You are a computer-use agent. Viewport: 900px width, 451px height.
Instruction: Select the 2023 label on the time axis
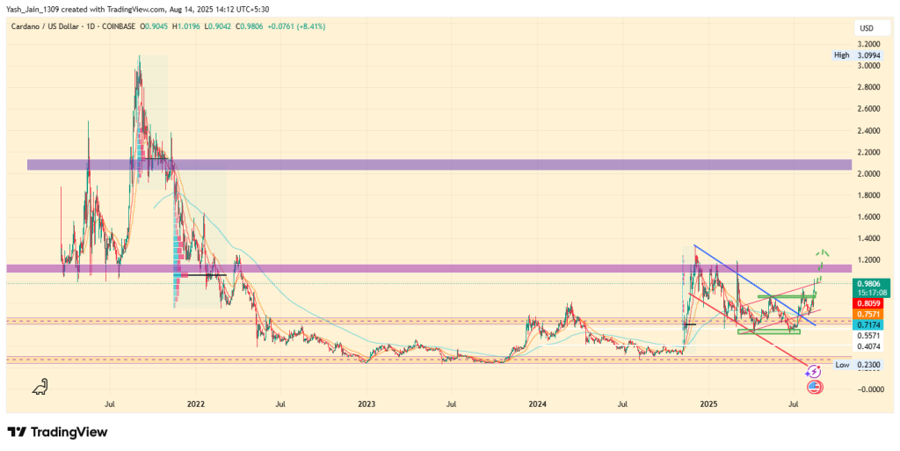[367, 404]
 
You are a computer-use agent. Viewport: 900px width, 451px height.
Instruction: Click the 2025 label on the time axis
[710, 404]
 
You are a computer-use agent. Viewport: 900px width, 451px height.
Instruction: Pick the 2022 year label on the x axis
[195, 404]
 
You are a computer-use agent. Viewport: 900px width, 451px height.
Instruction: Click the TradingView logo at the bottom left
[57, 432]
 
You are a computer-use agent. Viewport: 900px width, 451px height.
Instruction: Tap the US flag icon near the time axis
[813, 386]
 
